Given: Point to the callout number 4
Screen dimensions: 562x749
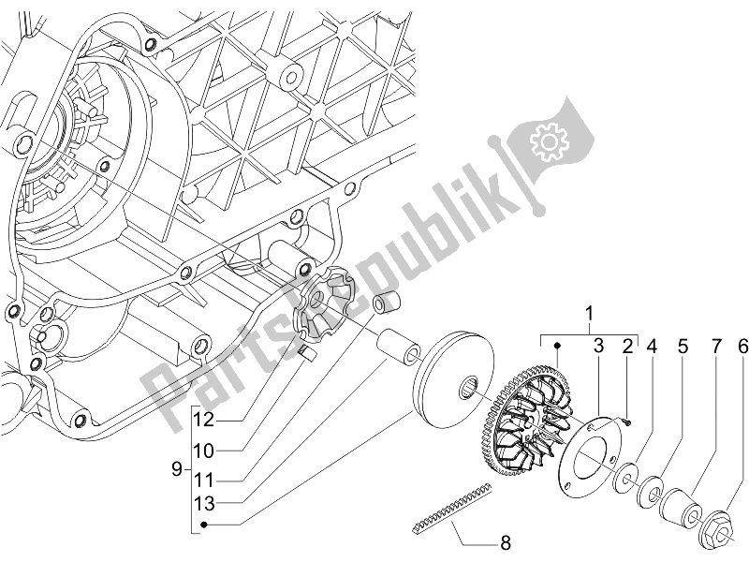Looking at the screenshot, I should tap(653, 348).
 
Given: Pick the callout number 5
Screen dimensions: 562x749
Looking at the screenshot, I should tap(683, 348).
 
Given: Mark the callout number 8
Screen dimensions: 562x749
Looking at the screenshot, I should tap(505, 541).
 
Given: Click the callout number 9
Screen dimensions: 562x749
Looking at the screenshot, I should tap(178, 466).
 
